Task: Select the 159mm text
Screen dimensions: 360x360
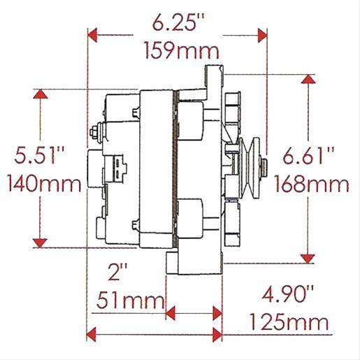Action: point(180,51)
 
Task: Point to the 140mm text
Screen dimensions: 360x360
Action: point(43,185)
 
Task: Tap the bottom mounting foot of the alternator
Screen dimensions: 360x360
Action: point(189,264)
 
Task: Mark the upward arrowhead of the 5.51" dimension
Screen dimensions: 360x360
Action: point(41,96)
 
